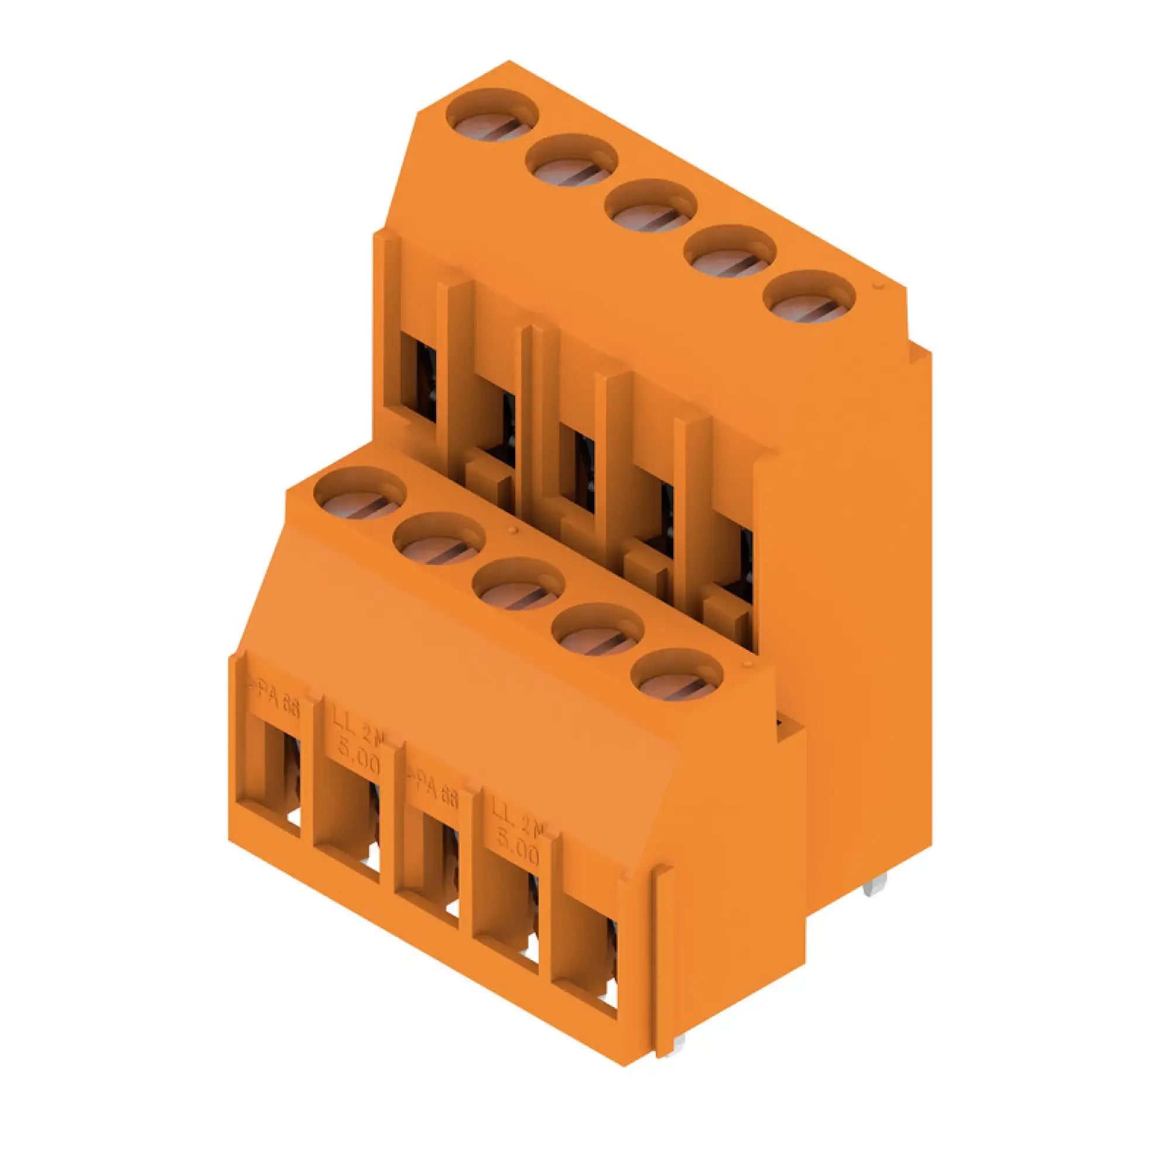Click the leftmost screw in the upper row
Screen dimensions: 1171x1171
(492, 117)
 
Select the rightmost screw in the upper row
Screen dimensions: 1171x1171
(809, 298)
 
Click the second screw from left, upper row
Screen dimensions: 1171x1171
(571, 162)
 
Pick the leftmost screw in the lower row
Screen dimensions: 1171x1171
(359, 495)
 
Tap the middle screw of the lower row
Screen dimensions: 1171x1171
(518, 585)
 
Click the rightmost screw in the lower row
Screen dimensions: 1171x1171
(677, 676)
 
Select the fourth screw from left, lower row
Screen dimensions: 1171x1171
(598, 631)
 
